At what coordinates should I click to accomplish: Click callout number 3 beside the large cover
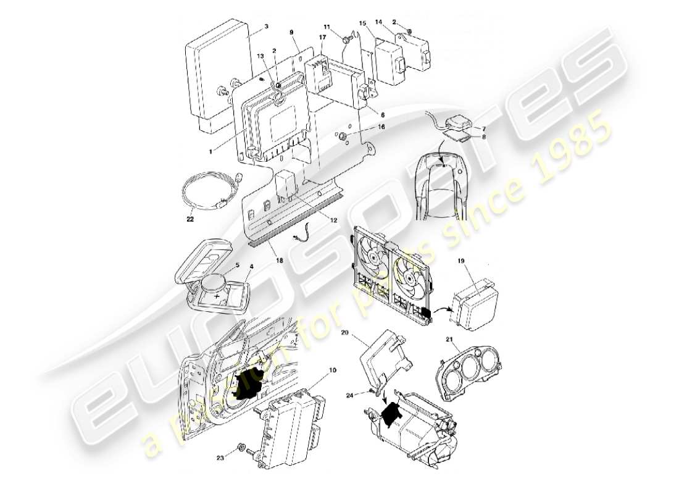[266, 27]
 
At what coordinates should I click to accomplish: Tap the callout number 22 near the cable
[190, 217]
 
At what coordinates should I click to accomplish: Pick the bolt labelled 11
[347, 40]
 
